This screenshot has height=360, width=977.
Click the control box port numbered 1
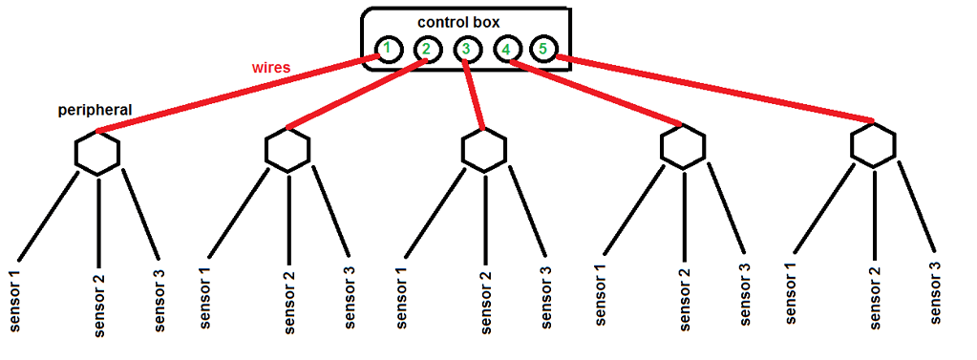(385, 49)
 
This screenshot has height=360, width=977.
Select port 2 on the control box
(426, 50)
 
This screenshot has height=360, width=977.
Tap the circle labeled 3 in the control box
(465, 49)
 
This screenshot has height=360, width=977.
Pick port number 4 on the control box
(506, 49)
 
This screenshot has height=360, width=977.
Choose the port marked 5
(542, 48)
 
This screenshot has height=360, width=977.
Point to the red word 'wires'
(271, 69)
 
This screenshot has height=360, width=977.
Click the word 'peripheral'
(95, 112)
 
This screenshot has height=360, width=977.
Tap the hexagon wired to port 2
(287, 150)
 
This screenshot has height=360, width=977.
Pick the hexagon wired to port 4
(683, 146)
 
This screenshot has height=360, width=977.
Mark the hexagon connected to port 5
(873, 145)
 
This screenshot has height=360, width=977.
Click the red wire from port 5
(716, 91)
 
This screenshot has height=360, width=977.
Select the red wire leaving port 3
(475, 95)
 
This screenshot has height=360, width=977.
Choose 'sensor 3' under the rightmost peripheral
(937, 290)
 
